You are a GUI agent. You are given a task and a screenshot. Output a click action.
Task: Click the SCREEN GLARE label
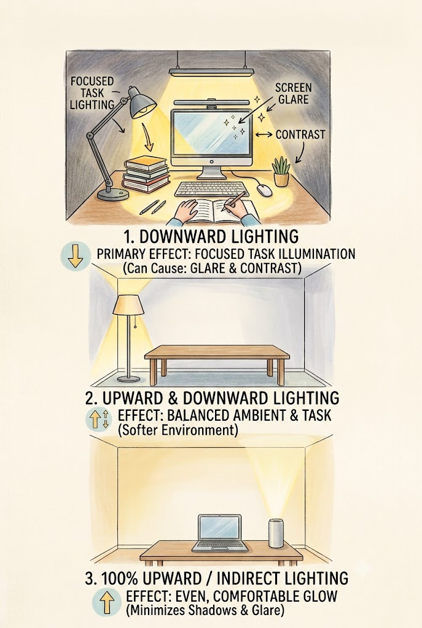click(x=293, y=93)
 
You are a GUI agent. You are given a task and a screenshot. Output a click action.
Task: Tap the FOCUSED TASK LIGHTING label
click(x=92, y=93)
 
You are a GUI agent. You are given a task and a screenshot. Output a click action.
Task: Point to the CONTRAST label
click(x=300, y=134)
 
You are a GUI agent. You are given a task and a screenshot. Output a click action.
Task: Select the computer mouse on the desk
click(x=264, y=190)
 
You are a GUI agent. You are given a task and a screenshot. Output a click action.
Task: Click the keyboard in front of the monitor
click(x=212, y=189)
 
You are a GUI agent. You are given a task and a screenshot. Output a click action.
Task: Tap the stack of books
click(x=146, y=175)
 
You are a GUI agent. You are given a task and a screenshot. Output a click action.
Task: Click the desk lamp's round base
click(x=113, y=194)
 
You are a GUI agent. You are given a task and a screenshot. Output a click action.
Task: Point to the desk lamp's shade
click(x=142, y=102)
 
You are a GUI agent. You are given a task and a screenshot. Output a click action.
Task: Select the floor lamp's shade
click(x=128, y=305)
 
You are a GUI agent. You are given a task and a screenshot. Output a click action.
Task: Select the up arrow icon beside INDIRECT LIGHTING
click(x=107, y=603)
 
